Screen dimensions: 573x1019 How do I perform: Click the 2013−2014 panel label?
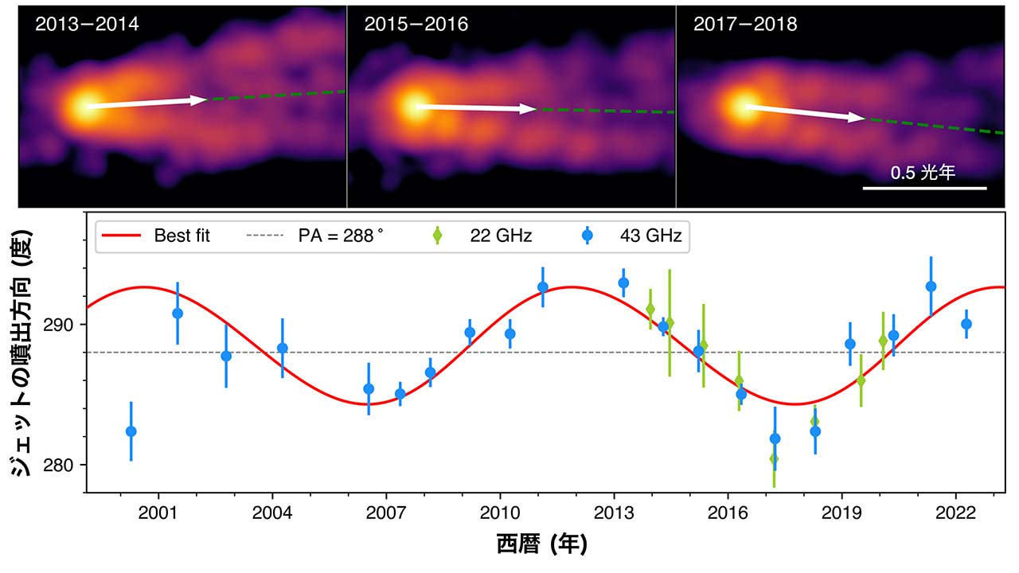coord(87,25)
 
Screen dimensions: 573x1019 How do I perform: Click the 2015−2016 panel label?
coord(416,25)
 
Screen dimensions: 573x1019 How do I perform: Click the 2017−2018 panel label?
coord(745,25)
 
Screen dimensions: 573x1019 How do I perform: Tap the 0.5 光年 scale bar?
coord(924,188)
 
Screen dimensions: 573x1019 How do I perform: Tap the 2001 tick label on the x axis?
coord(158,511)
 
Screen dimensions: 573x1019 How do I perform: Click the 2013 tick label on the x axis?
coord(614,511)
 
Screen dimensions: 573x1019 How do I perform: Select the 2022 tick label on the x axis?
coord(956,511)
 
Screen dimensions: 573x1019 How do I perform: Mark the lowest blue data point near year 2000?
coord(131,431)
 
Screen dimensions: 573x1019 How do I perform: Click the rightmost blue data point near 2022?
coord(966,324)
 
